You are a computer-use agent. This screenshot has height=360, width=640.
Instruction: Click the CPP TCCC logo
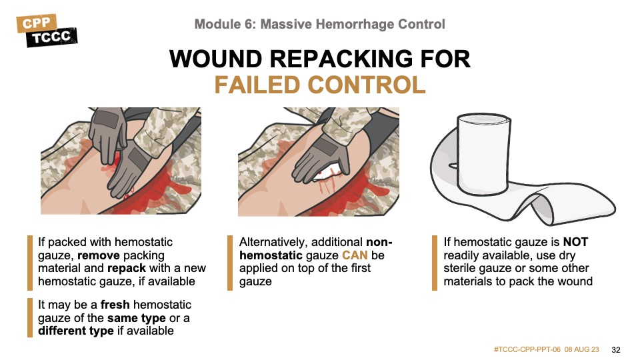[x=47, y=31]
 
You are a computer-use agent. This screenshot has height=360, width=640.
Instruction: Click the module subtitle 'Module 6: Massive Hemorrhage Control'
[x=319, y=24]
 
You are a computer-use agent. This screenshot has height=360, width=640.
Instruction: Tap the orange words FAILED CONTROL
[x=320, y=85]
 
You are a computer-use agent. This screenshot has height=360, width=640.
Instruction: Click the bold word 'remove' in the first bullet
[x=99, y=255]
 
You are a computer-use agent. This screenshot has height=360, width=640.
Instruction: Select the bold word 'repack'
[x=127, y=268]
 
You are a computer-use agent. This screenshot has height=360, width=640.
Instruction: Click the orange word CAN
[x=355, y=255]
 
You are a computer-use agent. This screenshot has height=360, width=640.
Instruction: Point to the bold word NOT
[x=575, y=242]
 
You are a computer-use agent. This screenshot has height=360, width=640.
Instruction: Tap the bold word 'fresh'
[x=115, y=305]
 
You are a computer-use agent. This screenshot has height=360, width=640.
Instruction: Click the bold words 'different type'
[x=76, y=331]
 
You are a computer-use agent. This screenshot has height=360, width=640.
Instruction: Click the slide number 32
[x=616, y=350]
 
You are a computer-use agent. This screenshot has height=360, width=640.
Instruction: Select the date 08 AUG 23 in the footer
[x=581, y=350]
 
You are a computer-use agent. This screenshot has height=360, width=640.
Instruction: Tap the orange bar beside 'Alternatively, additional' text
[x=230, y=263]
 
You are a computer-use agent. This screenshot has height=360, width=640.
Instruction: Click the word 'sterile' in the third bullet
[x=461, y=268]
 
